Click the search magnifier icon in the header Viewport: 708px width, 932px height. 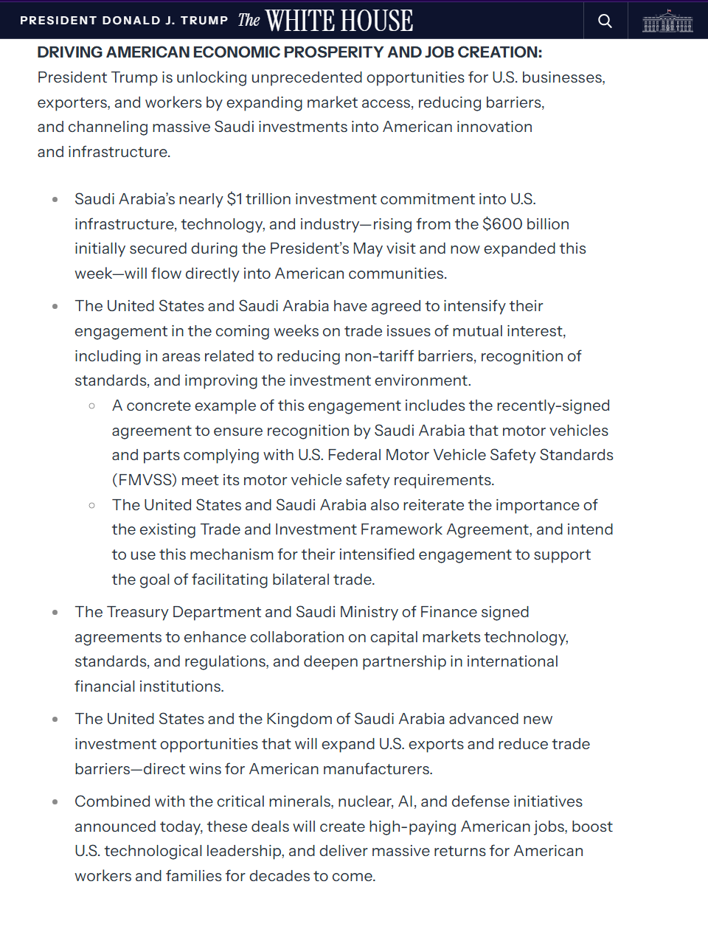tap(605, 21)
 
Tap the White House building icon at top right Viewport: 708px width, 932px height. tap(667, 21)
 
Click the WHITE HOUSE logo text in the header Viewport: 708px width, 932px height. tap(339, 21)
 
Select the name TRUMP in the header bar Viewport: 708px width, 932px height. tap(204, 21)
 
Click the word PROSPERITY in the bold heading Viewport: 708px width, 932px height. tap(334, 52)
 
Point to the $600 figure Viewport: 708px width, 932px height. tap(503, 224)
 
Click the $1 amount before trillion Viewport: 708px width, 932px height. tap(235, 199)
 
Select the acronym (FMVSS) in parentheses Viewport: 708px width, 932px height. tap(145, 480)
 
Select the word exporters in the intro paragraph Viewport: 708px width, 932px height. tap(72, 102)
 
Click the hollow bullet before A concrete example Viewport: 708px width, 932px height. tap(91, 406)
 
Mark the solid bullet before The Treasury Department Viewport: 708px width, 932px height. tap(55, 613)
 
